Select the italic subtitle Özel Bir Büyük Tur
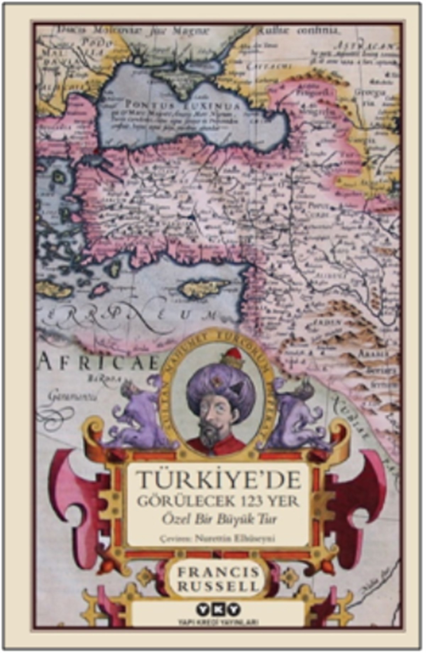219,519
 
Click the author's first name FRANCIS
218,572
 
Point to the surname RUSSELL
218,586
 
